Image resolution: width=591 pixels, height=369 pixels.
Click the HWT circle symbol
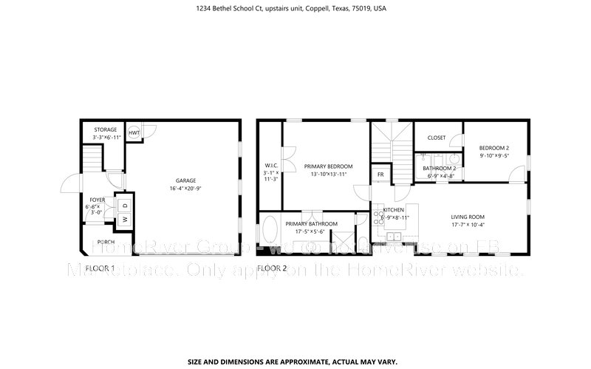tap(134, 132)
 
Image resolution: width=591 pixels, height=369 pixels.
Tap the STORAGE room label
tap(105, 130)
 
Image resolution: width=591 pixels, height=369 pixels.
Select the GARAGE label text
tap(185, 180)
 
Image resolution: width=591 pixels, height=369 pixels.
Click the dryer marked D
tap(125, 205)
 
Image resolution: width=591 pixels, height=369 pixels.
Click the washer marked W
tap(125, 219)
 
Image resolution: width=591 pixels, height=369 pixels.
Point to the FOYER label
tap(98, 200)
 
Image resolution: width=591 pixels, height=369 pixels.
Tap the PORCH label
tap(106, 242)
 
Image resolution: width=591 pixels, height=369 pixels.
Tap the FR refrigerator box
tap(380, 175)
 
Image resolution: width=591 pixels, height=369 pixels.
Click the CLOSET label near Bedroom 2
tap(437, 138)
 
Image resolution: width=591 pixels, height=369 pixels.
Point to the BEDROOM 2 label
tap(494, 148)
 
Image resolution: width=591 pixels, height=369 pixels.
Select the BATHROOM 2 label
tap(439, 168)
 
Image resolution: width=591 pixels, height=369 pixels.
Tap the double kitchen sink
tap(395, 237)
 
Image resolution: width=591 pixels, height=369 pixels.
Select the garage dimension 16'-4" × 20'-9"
tap(185, 189)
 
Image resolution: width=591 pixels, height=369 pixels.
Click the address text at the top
tap(295, 9)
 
